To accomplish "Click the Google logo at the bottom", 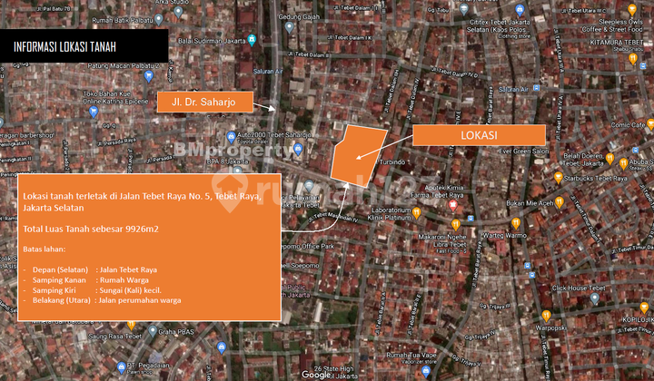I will [x=317, y=373].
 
